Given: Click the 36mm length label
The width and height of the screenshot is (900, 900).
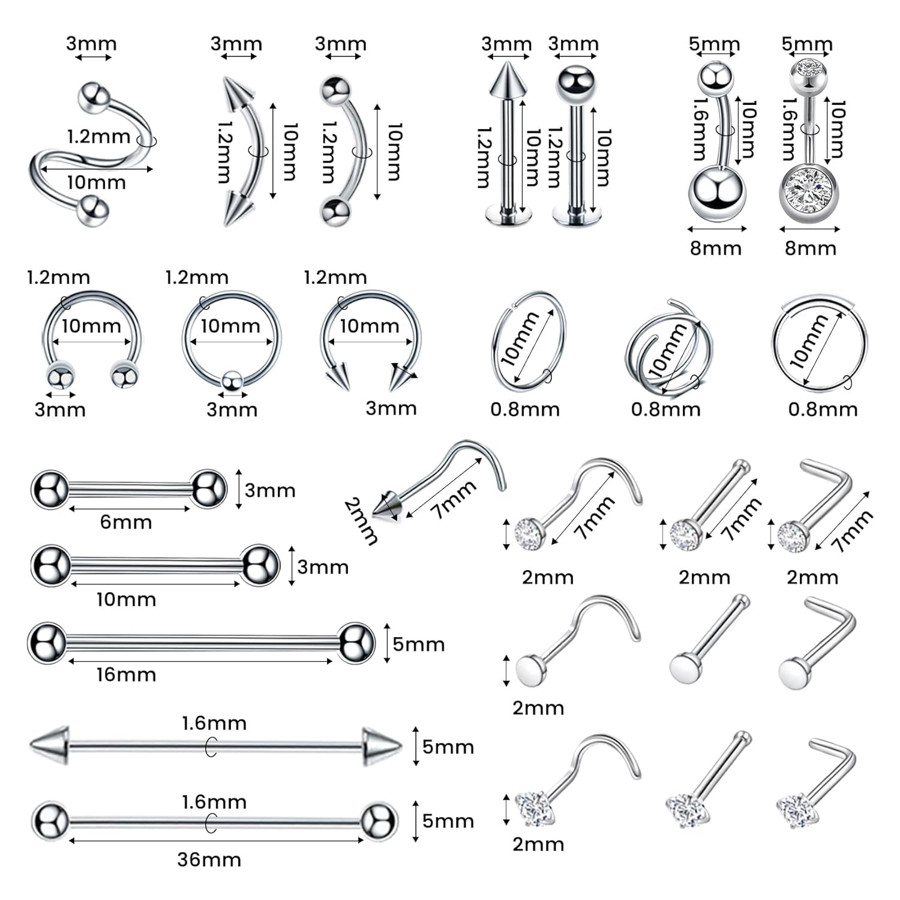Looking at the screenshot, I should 209,859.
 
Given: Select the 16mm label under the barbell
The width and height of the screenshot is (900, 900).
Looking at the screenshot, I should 126,674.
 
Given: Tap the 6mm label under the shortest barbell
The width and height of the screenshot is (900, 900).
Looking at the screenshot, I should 125,522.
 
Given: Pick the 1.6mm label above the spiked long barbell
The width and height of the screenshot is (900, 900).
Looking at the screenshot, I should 214,723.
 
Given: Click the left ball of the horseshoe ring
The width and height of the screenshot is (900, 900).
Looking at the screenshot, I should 61,377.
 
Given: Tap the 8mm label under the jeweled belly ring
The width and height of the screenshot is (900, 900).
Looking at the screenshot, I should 810,248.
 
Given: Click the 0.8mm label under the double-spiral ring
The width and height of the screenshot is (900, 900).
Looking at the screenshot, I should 665,409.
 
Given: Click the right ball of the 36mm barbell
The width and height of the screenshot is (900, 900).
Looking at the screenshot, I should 378,820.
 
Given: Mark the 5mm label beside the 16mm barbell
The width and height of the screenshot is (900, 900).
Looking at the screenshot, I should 419,644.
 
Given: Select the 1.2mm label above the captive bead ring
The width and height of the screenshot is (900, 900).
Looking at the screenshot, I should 197,277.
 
